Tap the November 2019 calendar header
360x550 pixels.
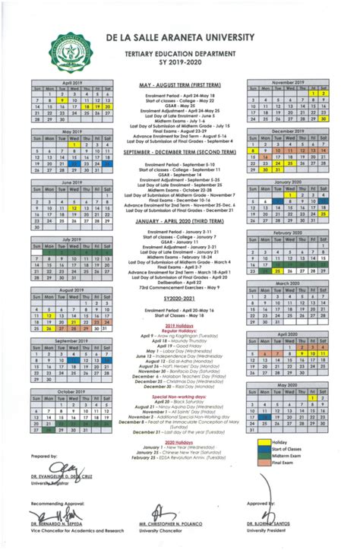pyautogui.click(x=287, y=81)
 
